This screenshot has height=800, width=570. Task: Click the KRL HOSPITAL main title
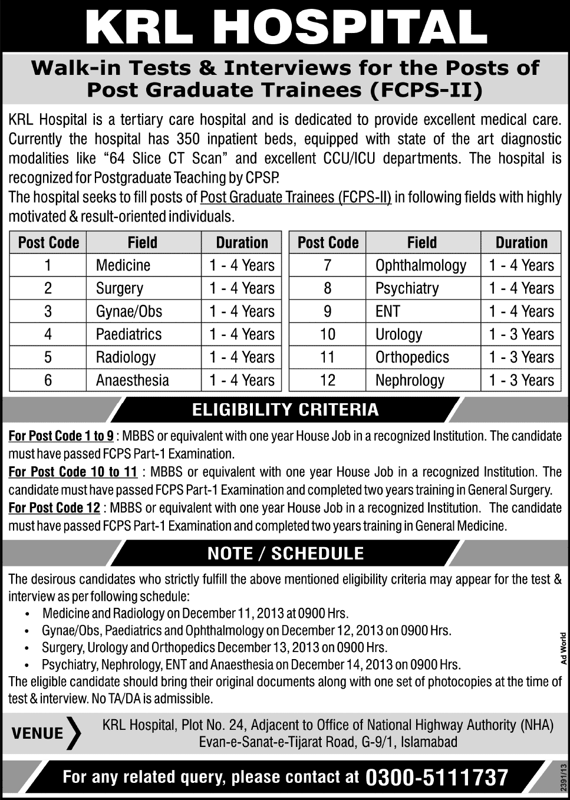[285, 27]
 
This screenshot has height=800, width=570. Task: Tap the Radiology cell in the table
[126, 357]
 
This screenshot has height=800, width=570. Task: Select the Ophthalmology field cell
[420, 265]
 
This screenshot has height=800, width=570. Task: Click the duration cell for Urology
[521, 334]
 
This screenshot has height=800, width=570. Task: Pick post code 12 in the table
[327, 380]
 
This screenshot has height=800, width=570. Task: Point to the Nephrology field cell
[410, 380]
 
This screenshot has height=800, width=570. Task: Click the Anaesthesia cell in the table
[132, 380]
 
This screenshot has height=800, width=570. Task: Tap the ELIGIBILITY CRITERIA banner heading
[285, 410]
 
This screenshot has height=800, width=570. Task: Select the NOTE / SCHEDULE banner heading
[285, 553]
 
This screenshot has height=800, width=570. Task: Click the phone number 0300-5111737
[437, 778]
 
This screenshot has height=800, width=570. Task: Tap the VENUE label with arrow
[45, 733]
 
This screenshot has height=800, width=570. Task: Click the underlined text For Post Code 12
[54, 508]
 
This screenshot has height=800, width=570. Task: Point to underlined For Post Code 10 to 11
[73, 472]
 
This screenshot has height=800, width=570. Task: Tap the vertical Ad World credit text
[564, 648]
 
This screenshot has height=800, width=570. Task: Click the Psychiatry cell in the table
[407, 288]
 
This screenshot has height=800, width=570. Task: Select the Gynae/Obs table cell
[129, 311]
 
